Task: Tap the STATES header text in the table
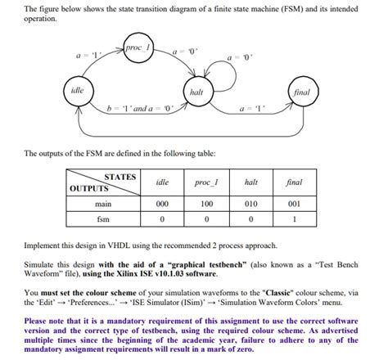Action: [x=120, y=176]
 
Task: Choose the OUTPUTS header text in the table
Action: [x=89, y=188]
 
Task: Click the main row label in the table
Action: [x=102, y=204]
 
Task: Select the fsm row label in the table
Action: [x=102, y=219]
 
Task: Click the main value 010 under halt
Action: [x=252, y=204]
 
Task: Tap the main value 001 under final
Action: [x=296, y=204]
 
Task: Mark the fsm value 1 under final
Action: [x=296, y=219]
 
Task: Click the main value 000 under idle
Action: [x=162, y=204]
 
